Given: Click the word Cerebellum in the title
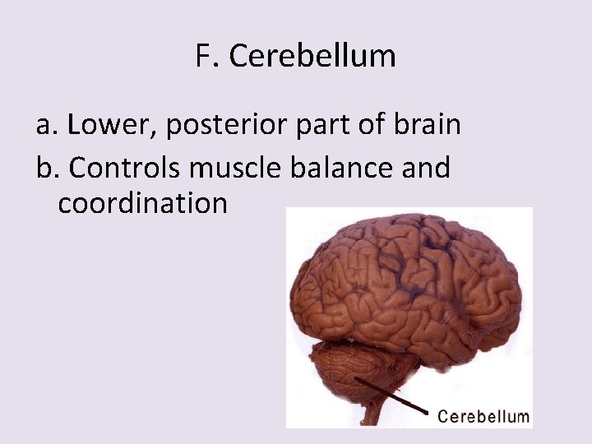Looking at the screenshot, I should pyautogui.click(x=312, y=56).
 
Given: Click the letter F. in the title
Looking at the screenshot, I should pyautogui.click(x=206, y=56).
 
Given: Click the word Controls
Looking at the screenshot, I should pyautogui.click(x=126, y=168).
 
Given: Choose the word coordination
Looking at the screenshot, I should pyautogui.click(x=142, y=203).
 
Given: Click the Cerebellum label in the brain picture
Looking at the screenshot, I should pyautogui.click(x=483, y=416).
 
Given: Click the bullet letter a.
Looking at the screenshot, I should pyautogui.click(x=45, y=126).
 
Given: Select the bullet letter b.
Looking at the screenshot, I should pyautogui.click(x=46, y=168).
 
